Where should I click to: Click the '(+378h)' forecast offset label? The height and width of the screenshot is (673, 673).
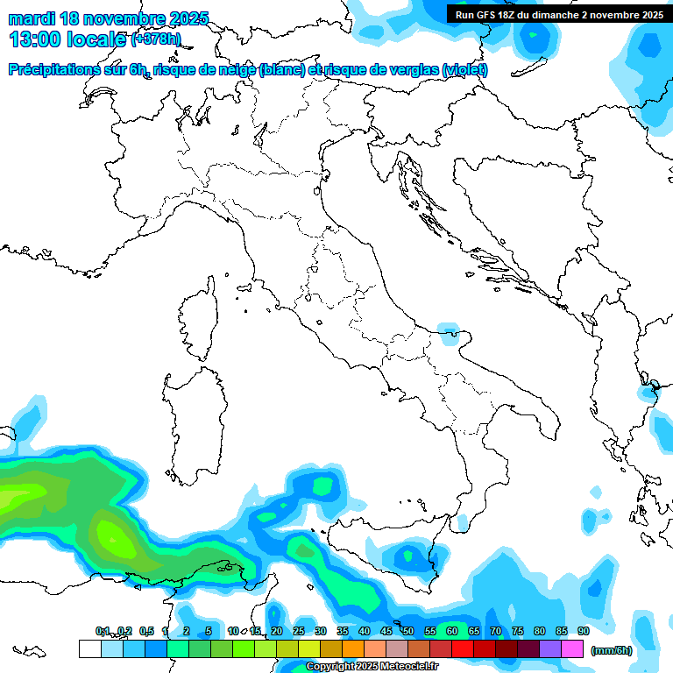[155, 40]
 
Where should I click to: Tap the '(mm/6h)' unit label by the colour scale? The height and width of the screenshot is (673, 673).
[612, 650]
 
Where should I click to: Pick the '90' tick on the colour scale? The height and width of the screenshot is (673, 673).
[584, 631]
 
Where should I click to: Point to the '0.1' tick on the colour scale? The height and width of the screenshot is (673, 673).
[103, 631]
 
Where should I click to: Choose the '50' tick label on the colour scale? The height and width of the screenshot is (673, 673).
[408, 631]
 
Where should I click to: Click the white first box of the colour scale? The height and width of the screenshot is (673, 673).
[89, 648]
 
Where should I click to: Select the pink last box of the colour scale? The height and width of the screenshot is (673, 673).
[572, 648]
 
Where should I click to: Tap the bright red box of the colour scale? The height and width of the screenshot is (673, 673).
[463, 648]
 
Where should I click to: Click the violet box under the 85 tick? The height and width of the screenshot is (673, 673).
[550, 648]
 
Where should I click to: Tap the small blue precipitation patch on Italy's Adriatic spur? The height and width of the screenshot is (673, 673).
[449, 331]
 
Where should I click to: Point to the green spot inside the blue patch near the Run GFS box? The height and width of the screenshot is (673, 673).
[532, 35]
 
